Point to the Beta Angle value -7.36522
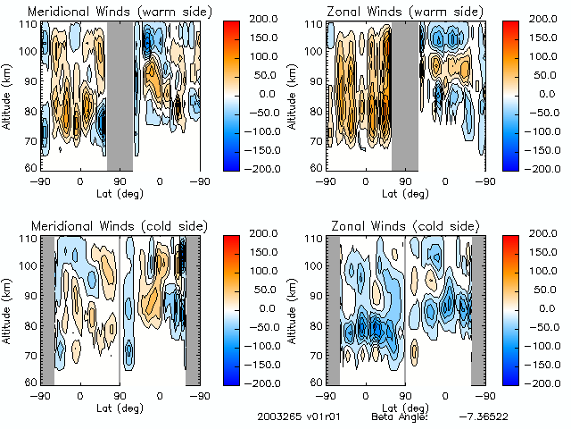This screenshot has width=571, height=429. [x=485, y=417]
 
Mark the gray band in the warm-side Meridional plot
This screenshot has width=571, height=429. [x=120, y=95]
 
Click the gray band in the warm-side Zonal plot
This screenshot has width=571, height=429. [x=405, y=95]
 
